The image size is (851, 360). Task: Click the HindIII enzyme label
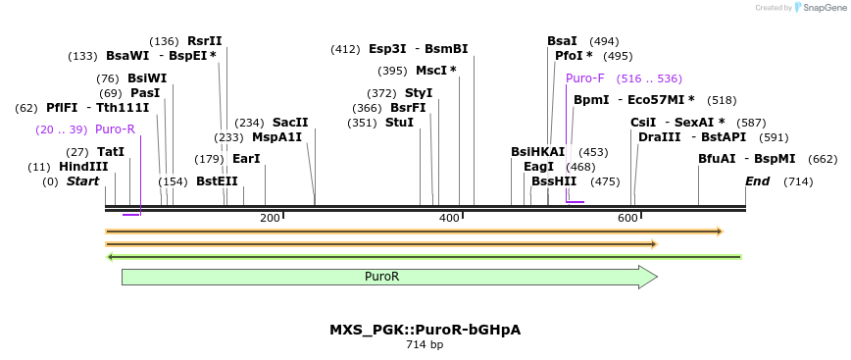point(83,167)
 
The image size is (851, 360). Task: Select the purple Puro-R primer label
point(115,129)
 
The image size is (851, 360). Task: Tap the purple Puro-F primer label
point(584,78)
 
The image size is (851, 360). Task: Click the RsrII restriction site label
point(205,41)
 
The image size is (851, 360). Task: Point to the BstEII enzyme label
point(217,181)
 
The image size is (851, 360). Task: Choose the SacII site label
point(290,123)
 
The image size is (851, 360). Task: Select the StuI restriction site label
point(399,123)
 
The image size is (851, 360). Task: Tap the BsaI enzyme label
point(562,41)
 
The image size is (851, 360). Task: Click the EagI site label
point(538,167)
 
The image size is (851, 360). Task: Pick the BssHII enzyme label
point(554,181)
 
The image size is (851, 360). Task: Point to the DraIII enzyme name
point(659,137)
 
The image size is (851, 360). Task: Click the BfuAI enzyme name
point(717,159)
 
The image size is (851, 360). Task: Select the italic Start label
point(82,181)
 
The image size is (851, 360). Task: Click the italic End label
point(757,181)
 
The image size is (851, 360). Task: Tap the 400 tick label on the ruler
point(449,218)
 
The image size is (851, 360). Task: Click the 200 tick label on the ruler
point(270,218)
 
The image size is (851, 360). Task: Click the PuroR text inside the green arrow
point(381,278)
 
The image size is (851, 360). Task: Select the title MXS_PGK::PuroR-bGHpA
point(425,330)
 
